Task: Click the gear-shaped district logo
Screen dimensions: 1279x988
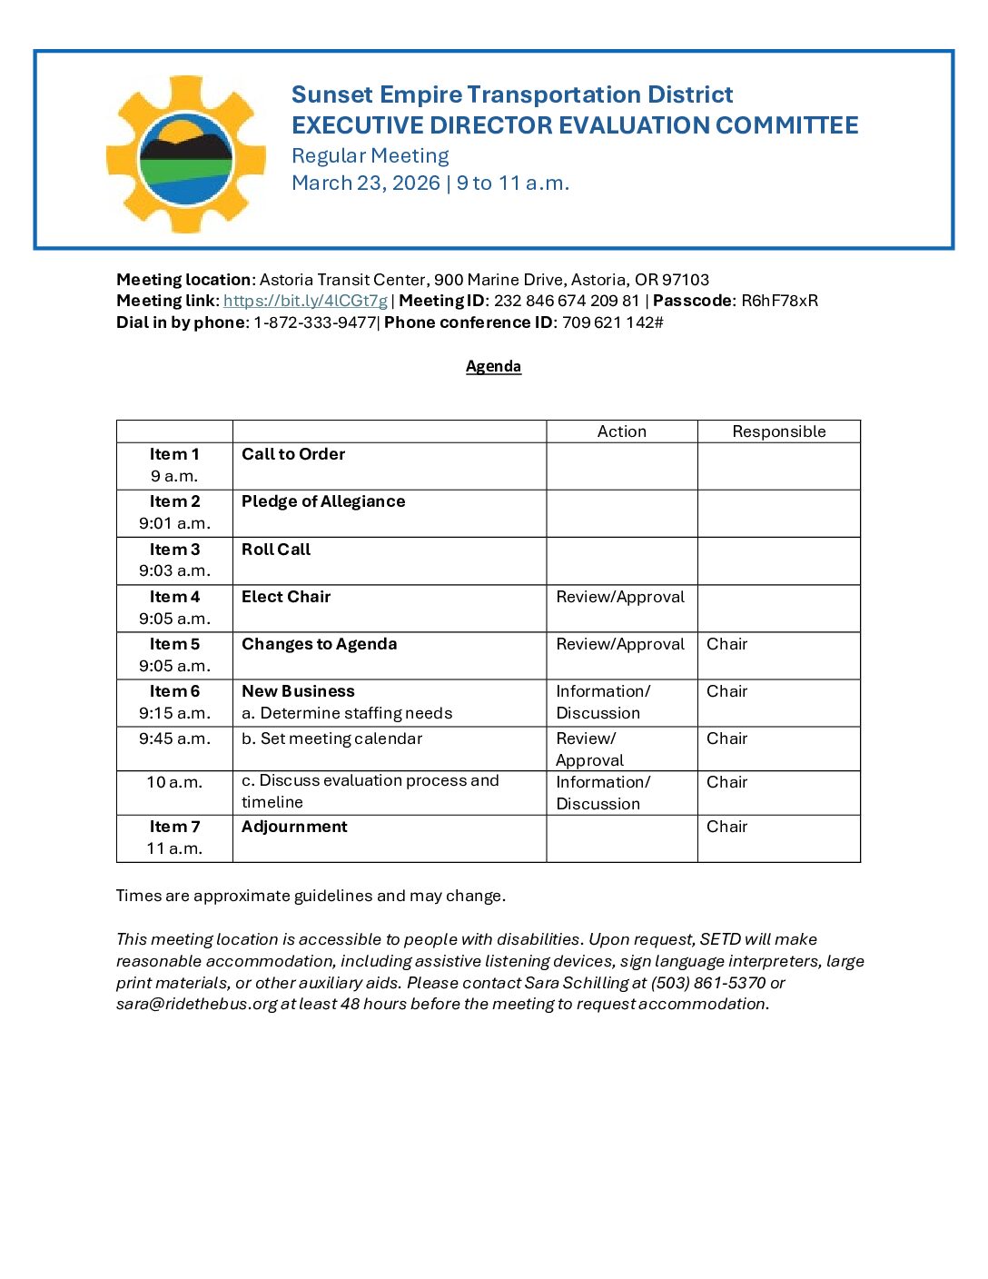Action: click(185, 154)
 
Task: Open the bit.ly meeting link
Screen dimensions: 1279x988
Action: click(305, 301)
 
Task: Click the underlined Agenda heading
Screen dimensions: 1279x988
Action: click(493, 366)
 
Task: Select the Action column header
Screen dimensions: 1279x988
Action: click(621, 431)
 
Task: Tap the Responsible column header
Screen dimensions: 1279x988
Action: click(778, 431)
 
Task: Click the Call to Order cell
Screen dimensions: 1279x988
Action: click(293, 454)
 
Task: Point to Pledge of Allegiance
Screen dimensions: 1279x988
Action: click(323, 501)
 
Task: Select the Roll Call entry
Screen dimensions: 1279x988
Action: click(276, 550)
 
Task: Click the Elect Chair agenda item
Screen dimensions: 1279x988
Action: click(286, 597)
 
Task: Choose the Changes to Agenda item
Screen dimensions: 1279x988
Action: click(319, 644)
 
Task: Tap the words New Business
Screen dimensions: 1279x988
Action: click(298, 691)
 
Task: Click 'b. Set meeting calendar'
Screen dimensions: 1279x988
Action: click(331, 739)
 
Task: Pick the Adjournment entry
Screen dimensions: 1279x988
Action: click(294, 827)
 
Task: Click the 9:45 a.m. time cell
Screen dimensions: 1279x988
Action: click(174, 739)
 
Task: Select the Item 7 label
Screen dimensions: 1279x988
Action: click(174, 827)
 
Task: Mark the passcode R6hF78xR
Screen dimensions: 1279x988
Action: click(779, 301)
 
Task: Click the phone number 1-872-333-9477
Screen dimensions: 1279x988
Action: click(314, 322)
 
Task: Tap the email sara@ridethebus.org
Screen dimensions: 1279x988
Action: click(196, 1004)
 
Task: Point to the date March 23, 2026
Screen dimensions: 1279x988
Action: click(366, 183)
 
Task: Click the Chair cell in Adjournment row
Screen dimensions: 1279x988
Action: click(726, 827)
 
